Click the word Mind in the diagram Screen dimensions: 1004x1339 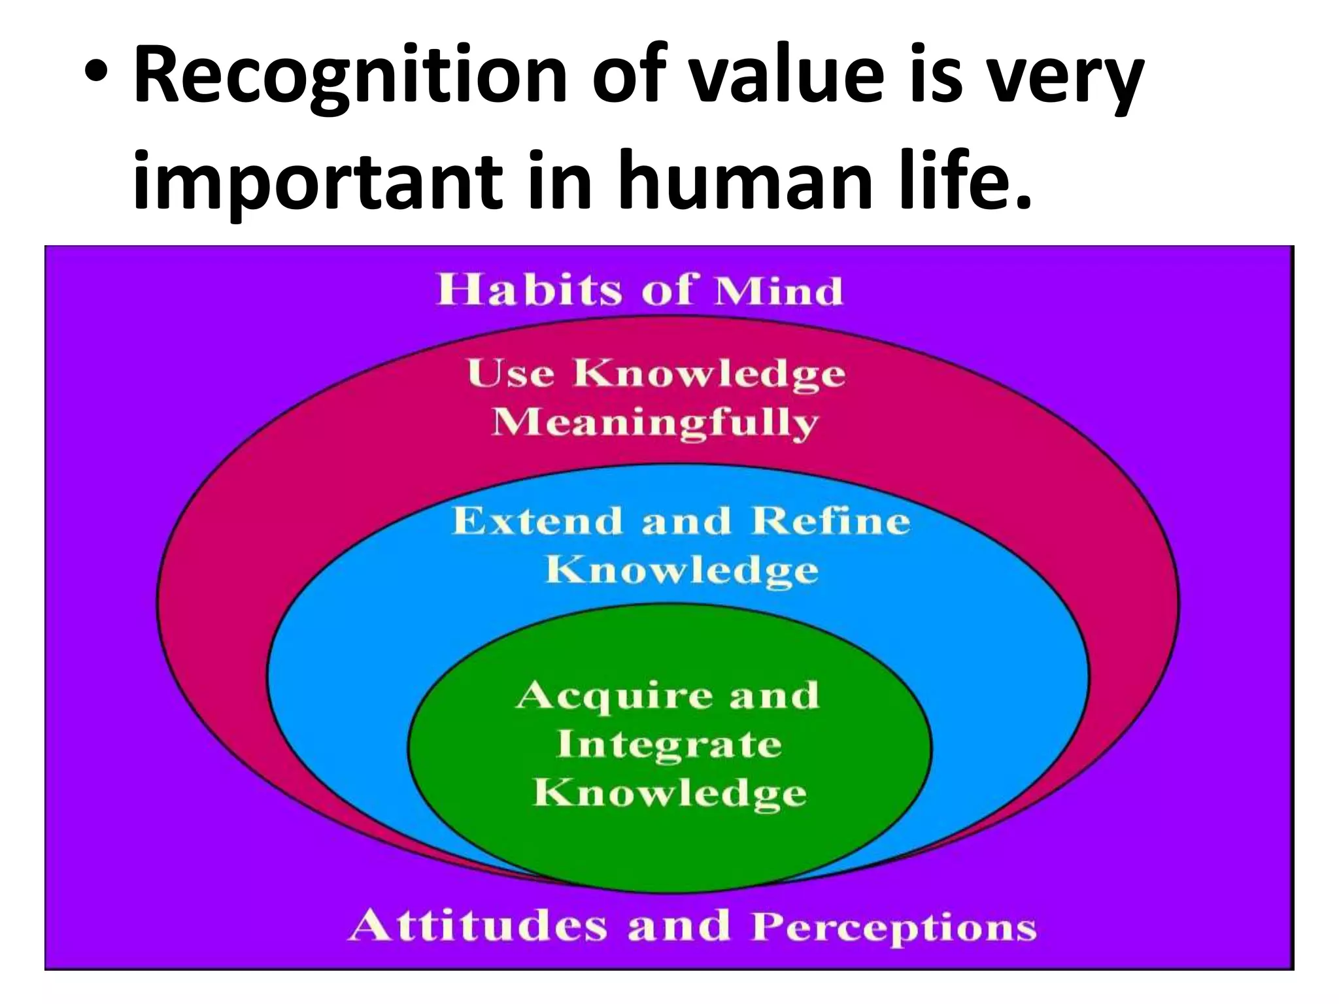click(778, 291)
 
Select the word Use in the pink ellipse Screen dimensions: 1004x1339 click(511, 374)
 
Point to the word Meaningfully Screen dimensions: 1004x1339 click(654, 424)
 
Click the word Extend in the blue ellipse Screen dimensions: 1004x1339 click(537, 522)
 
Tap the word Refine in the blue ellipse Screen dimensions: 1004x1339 click(830, 522)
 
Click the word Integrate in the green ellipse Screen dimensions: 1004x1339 click(669, 745)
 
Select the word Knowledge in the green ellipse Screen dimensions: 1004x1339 click(669, 795)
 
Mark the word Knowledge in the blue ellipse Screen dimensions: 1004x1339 click(681, 571)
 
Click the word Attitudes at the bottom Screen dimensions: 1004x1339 click(477, 926)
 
